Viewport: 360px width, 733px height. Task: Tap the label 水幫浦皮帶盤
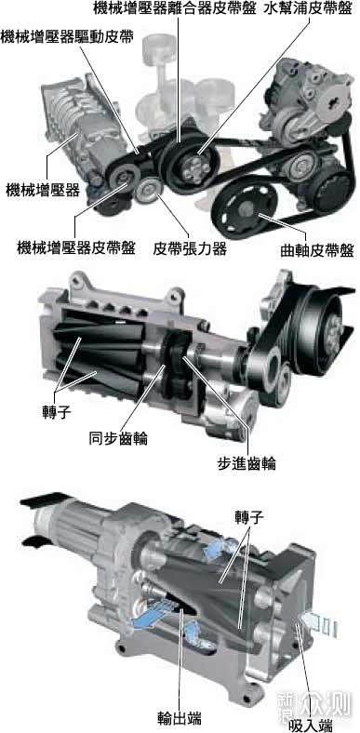click(x=308, y=8)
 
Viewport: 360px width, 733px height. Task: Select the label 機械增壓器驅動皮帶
click(x=67, y=36)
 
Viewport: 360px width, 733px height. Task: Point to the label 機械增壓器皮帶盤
click(x=76, y=247)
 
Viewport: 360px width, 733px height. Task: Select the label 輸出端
click(x=180, y=716)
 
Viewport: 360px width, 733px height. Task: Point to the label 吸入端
click(x=311, y=725)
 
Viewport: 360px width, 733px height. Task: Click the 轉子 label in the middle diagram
click(x=56, y=413)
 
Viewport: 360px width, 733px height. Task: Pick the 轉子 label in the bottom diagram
click(x=249, y=517)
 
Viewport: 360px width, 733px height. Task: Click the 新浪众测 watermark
click(x=313, y=704)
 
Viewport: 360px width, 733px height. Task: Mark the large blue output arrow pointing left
click(x=149, y=615)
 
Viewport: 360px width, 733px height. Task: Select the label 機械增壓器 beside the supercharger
click(x=43, y=191)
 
